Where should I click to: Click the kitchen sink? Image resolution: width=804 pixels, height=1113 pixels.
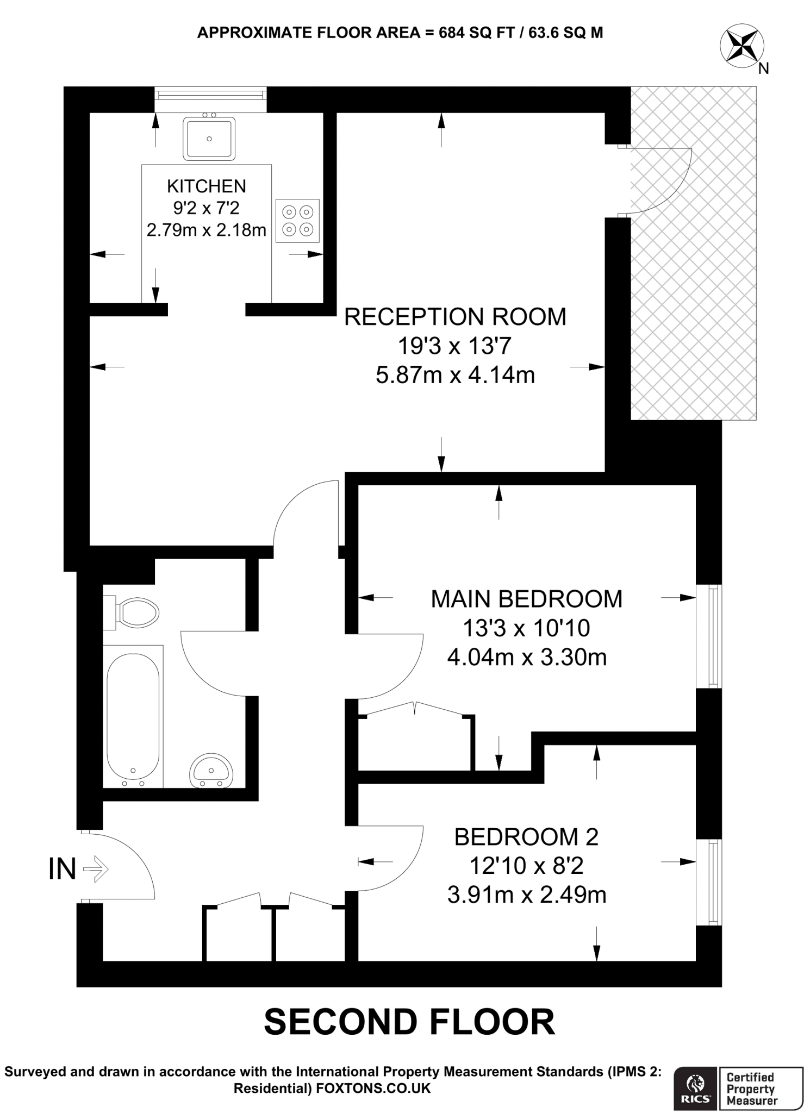pyautogui.click(x=209, y=139)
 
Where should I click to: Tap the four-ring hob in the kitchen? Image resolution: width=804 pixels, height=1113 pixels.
pyautogui.click(x=297, y=221)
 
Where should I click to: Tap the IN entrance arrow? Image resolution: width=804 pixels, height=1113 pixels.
pyautogui.click(x=96, y=869)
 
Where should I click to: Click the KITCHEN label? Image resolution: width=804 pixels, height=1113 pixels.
pyautogui.click(x=207, y=186)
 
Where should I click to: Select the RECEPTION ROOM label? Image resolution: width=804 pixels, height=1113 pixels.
pyautogui.click(x=455, y=317)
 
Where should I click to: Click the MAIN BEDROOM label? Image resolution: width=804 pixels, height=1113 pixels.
pyautogui.click(x=526, y=599)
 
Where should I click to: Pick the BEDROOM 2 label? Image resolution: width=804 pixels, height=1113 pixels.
pyautogui.click(x=526, y=837)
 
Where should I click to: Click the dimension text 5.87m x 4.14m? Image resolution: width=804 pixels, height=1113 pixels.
pyautogui.click(x=455, y=376)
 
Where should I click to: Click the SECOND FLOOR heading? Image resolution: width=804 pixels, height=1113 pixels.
pyautogui.click(x=409, y=1022)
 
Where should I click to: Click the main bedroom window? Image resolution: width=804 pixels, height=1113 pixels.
pyautogui.click(x=710, y=636)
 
